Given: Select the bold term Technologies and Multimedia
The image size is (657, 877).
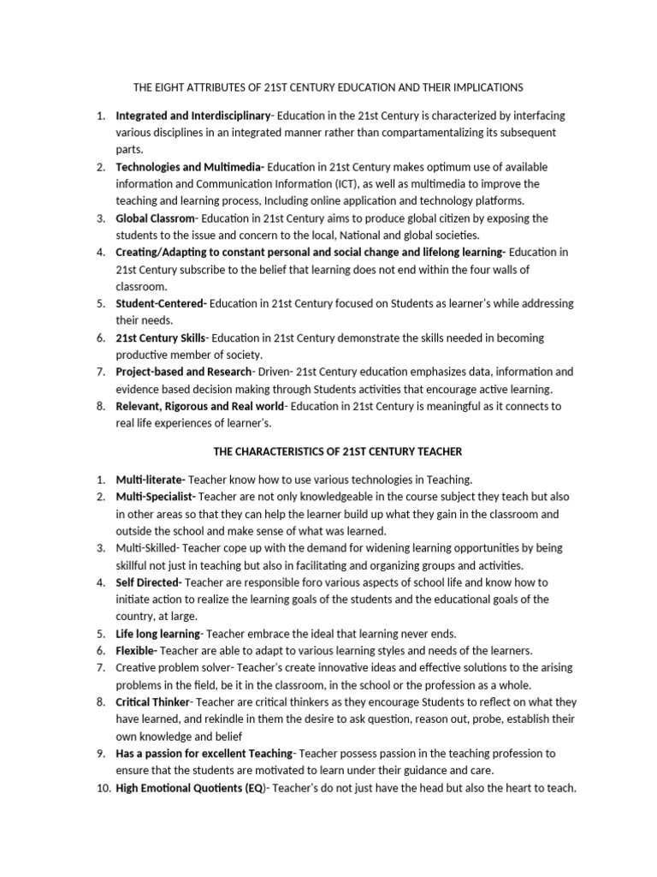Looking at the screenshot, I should coord(189,167).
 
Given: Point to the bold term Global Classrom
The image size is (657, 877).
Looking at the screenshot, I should coord(155,218).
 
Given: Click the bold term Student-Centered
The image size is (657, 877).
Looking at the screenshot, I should coord(160,304).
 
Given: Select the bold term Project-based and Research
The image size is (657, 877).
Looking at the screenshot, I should coord(183,373).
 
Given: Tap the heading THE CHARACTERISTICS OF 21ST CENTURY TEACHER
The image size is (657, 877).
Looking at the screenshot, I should coord(329,451).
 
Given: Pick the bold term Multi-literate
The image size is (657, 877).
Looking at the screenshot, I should coord(149,480).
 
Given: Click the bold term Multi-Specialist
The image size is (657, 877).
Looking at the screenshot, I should coord(155,497).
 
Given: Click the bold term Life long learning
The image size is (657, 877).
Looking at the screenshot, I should coord(157,634).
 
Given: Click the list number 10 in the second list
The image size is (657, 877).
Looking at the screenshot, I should coord(103,788).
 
